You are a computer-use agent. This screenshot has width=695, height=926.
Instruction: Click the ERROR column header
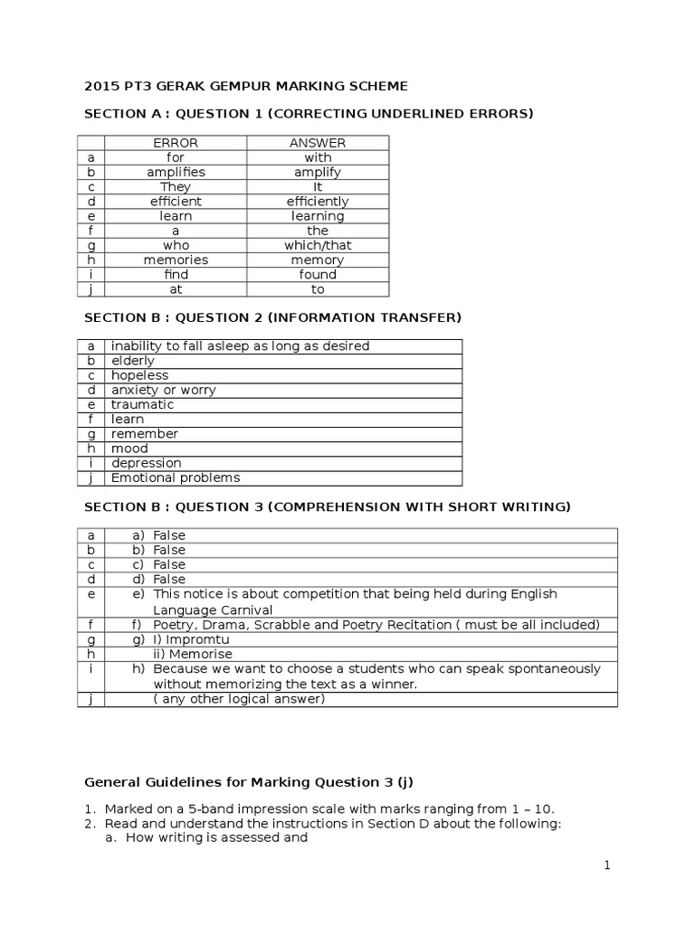(176, 143)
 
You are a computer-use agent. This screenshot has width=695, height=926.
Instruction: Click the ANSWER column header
(318, 143)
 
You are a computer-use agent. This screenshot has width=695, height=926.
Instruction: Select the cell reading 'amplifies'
(176, 172)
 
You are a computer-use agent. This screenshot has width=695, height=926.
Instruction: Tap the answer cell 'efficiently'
(318, 202)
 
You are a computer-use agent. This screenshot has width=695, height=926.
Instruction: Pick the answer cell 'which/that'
(318, 245)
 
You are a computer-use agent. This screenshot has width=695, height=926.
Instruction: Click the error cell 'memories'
(176, 260)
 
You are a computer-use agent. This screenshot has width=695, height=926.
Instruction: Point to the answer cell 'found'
(318, 274)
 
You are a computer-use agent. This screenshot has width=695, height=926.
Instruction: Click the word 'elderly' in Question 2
(133, 361)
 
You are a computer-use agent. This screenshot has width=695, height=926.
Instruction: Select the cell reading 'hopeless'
(139, 375)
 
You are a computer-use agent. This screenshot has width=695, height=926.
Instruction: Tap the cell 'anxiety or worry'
(163, 390)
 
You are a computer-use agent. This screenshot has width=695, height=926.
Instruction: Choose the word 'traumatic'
(142, 404)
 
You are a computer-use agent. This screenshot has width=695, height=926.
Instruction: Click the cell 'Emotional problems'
(176, 477)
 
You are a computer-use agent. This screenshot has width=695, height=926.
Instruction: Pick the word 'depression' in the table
(146, 463)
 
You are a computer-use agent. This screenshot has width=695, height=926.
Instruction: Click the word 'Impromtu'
(198, 639)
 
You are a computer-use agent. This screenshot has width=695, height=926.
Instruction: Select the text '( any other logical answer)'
(239, 698)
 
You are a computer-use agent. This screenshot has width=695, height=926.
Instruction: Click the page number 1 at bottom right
(608, 866)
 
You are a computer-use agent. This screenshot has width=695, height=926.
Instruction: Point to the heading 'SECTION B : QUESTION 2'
(272, 317)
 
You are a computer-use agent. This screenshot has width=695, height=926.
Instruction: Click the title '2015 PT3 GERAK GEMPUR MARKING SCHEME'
(246, 86)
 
